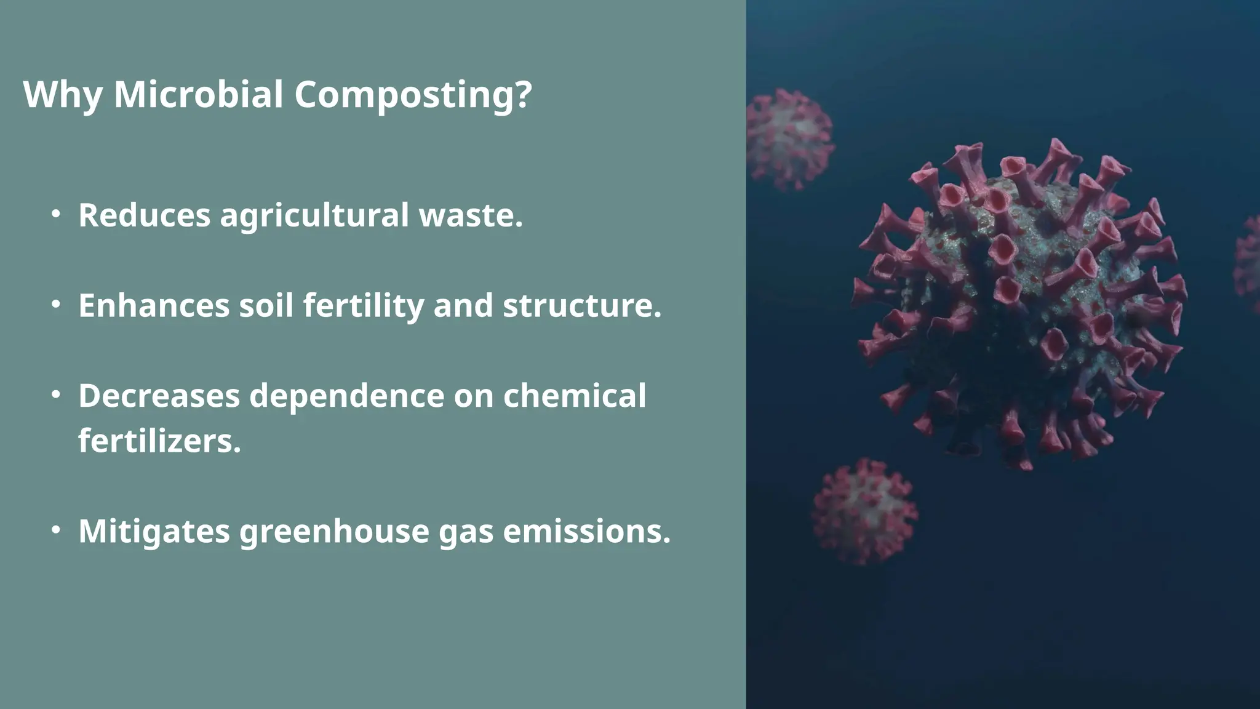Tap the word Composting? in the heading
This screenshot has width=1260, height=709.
coord(412,96)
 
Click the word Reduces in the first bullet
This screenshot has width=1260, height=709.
coord(144,215)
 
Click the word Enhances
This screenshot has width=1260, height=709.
coord(154,305)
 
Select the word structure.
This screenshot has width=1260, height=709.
coord(581,305)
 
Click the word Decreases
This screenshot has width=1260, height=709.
coord(159,396)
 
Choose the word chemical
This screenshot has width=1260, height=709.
coord(575,396)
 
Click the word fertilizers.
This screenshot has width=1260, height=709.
coord(159,441)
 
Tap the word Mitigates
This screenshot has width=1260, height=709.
coord(154,532)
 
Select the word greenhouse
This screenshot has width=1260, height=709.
coord(334,532)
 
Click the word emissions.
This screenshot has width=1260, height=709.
coord(586,531)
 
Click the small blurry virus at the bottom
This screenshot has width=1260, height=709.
coord(864,510)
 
